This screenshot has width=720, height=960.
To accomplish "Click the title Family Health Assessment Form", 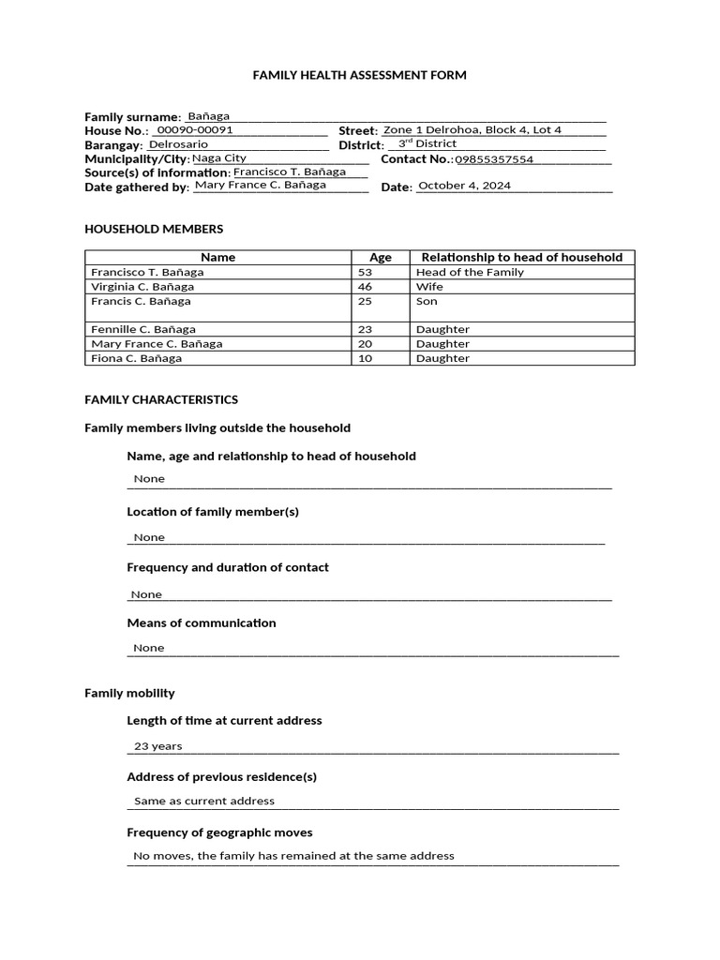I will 359,75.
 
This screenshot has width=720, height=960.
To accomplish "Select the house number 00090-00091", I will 194,130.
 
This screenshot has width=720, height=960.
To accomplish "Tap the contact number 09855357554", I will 494,159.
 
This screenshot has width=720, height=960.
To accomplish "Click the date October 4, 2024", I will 464,186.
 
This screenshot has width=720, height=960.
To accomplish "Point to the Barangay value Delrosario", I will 179,144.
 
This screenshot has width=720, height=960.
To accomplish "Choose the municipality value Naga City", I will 219,158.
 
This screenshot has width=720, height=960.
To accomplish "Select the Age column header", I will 381,257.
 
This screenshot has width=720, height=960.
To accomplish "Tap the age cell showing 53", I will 366,272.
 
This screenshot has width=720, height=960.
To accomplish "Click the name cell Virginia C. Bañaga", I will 142,287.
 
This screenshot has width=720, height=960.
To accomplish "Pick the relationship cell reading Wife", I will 429,287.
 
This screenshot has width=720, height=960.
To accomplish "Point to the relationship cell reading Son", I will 427,301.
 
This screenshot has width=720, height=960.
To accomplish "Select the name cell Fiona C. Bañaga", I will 136,358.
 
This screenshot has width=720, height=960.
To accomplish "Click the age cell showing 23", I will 366,330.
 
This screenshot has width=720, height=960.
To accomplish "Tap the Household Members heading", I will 154,229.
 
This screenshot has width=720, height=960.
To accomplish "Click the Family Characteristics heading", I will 161,399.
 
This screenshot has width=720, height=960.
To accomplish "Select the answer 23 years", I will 158,746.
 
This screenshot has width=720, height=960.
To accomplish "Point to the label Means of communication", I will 202,622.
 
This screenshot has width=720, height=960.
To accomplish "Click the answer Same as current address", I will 204,801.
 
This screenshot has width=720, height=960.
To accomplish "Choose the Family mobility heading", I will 129,693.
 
